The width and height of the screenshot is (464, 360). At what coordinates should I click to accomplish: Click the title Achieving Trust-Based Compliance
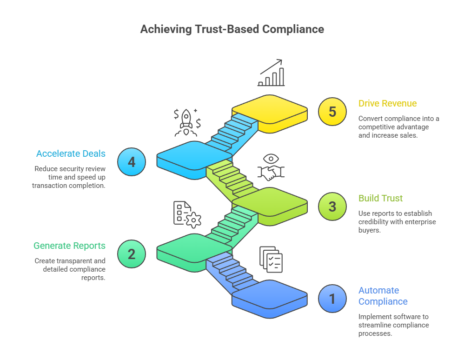[232, 29]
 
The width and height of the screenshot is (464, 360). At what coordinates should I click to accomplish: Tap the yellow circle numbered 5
[332, 112]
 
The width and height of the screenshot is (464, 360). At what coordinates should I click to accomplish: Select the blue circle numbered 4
[132, 162]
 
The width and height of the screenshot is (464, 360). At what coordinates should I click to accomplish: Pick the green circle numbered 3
[332, 206]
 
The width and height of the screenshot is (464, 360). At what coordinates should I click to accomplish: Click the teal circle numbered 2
[132, 254]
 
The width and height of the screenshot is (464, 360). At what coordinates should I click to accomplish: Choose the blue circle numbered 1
[332, 298]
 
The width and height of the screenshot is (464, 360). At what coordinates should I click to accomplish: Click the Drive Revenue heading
[387, 103]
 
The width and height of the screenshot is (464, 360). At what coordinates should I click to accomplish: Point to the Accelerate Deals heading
[71, 153]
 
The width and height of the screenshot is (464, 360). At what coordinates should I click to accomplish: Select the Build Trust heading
[380, 198]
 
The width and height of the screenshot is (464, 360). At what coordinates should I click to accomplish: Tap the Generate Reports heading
[69, 246]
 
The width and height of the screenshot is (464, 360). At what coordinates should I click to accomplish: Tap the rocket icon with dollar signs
[186, 122]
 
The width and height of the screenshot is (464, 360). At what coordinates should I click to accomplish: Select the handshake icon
[272, 173]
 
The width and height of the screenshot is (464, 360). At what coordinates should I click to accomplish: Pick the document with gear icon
[186, 213]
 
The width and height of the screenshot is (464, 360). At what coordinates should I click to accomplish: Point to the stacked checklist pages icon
[271, 259]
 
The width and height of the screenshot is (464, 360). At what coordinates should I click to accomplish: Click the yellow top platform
[270, 110]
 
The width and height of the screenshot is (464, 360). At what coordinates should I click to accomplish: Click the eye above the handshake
[272, 159]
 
